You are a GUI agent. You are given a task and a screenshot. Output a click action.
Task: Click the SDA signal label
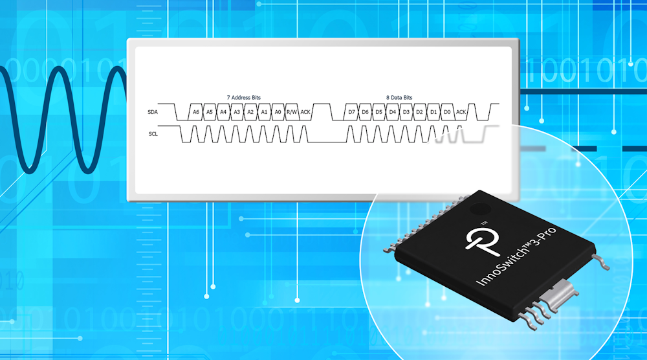[x=153, y=113]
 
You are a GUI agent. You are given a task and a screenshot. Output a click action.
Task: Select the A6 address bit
[x=196, y=113]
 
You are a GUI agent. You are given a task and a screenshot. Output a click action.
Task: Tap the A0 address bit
[x=278, y=113]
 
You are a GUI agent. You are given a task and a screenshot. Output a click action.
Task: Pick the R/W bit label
[x=292, y=113]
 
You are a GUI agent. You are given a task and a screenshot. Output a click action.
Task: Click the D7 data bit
[x=352, y=113]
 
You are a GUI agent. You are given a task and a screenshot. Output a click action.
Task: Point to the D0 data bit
[x=447, y=113]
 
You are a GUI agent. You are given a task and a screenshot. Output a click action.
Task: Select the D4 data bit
[x=393, y=113]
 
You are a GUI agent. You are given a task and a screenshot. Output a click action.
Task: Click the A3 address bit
[x=237, y=113]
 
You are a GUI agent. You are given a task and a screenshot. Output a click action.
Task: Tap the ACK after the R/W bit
[x=305, y=113]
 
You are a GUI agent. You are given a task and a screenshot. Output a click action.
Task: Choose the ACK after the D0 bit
[x=461, y=113]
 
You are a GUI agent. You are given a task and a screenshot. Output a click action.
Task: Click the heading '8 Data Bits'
[x=399, y=98]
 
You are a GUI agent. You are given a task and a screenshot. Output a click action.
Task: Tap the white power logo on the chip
[x=479, y=245]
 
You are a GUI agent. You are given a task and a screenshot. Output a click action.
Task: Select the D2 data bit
[x=420, y=113]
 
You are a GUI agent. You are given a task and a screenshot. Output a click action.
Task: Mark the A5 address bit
[x=210, y=113]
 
